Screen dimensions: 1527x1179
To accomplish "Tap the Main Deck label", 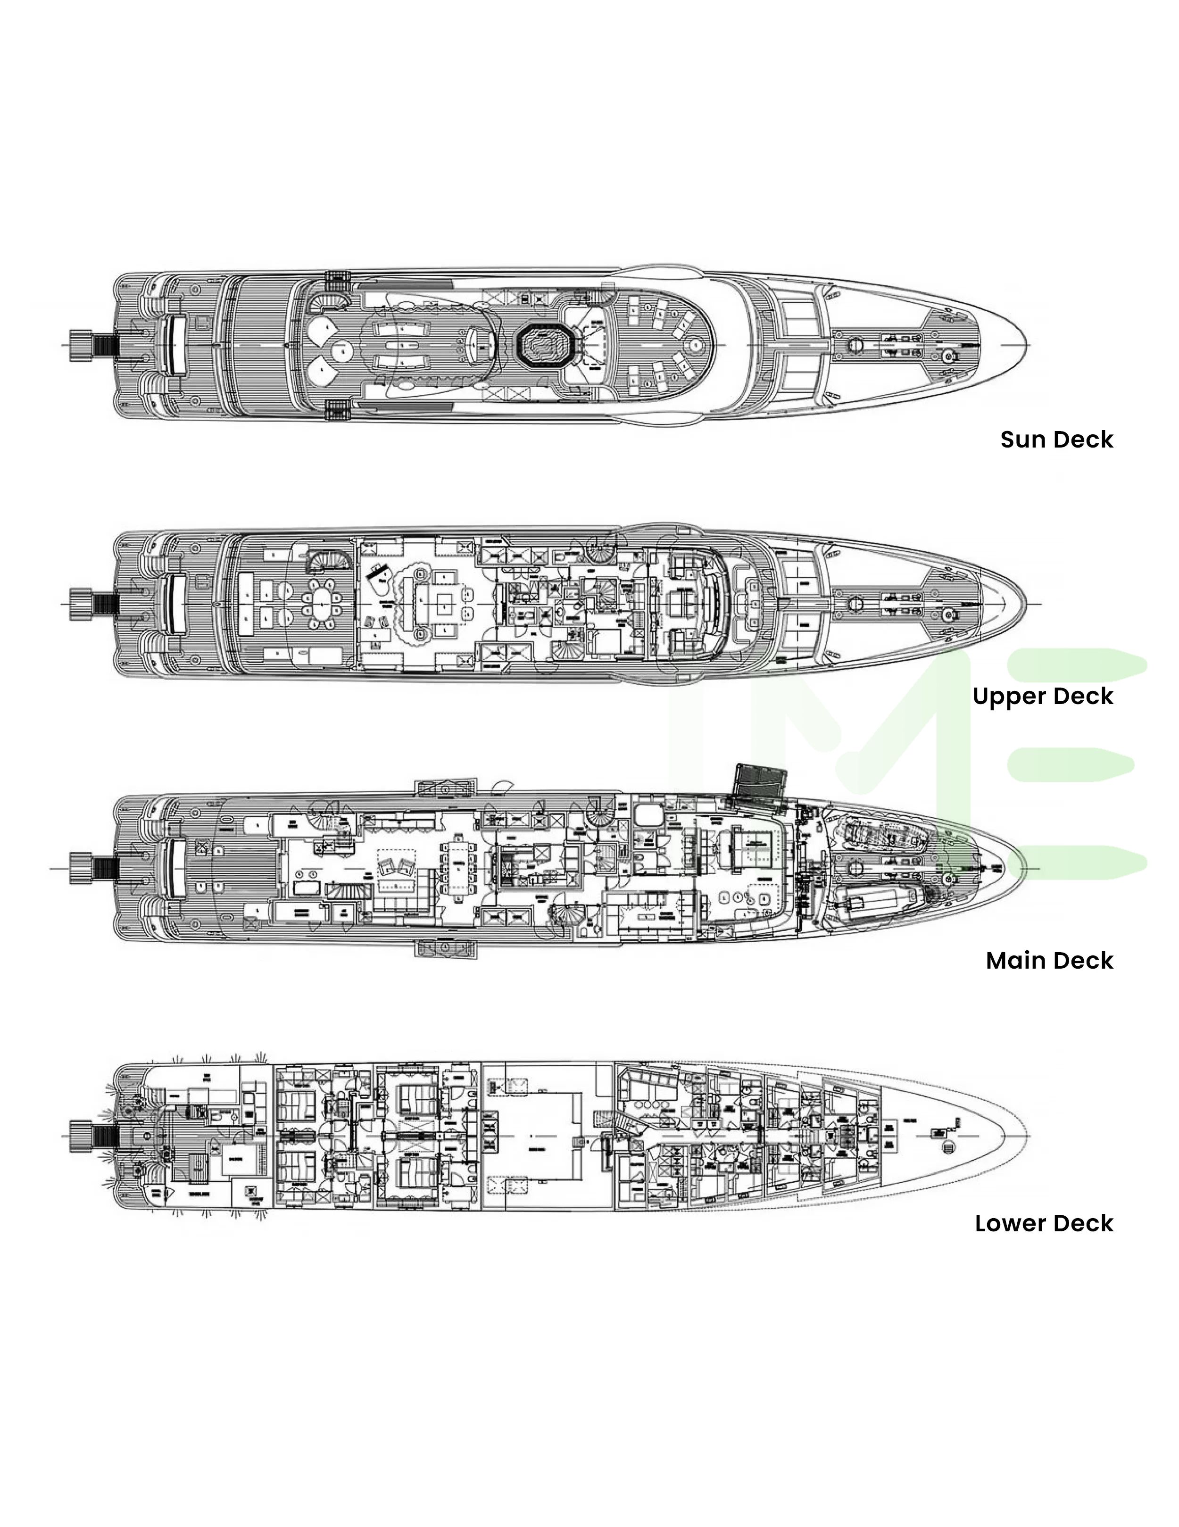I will [1049, 961].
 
